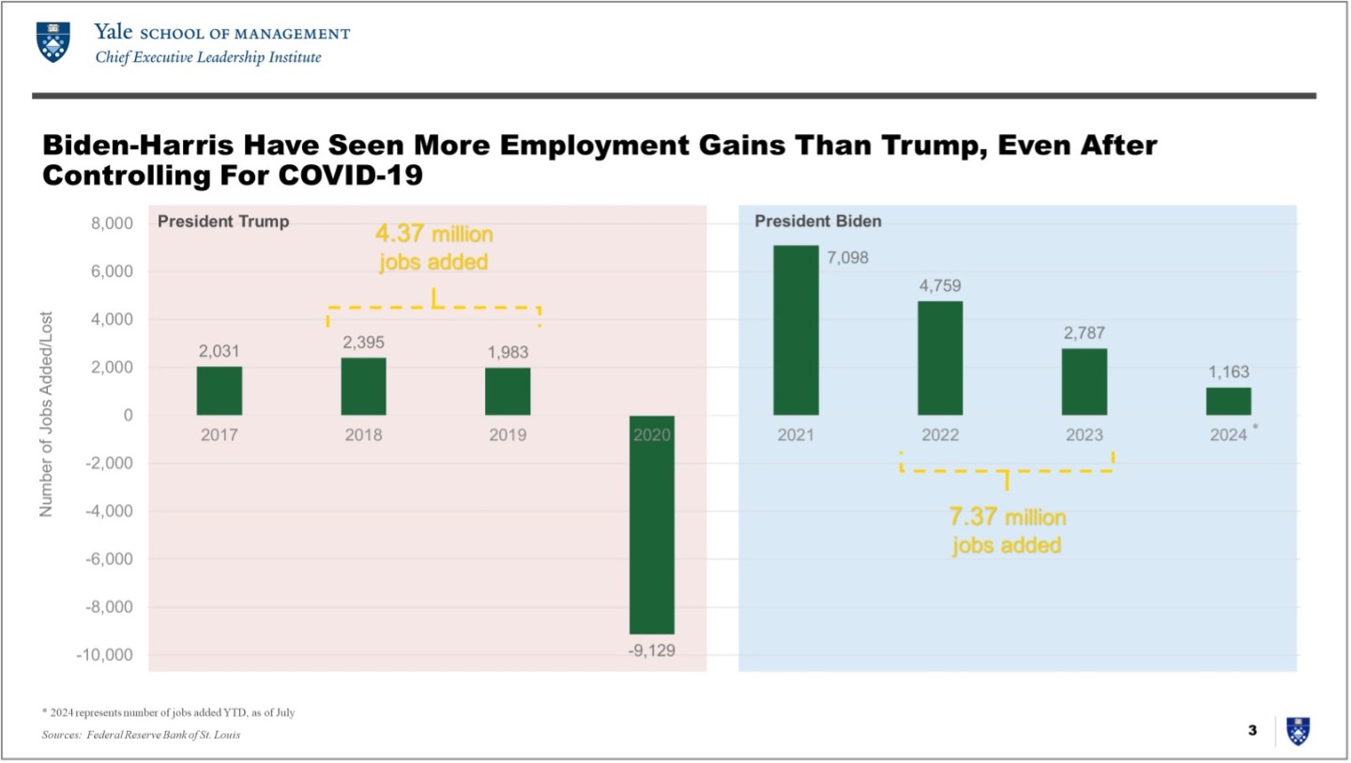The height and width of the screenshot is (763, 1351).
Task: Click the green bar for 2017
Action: (x=220, y=390)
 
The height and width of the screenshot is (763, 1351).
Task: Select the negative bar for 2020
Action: (x=652, y=526)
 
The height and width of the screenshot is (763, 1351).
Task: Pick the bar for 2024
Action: (x=1228, y=401)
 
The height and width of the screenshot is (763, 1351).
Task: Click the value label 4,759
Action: (x=940, y=286)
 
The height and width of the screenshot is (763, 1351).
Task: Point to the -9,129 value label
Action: (x=652, y=650)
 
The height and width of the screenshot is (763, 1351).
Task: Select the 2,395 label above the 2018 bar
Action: (x=363, y=343)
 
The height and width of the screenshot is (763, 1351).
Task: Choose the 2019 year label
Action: (x=508, y=435)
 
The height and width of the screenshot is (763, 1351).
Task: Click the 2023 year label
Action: (x=1085, y=435)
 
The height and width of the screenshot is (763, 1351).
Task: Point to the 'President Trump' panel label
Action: (x=223, y=222)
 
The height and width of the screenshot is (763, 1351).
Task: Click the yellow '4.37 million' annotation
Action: (x=433, y=234)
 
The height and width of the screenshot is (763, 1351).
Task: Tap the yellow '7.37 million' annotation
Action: (x=1007, y=517)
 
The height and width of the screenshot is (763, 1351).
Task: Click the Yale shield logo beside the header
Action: (x=53, y=41)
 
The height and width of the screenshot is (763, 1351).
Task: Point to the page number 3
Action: (x=1252, y=730)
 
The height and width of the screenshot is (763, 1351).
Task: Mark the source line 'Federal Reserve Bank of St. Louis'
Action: (x=163, y=735)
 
